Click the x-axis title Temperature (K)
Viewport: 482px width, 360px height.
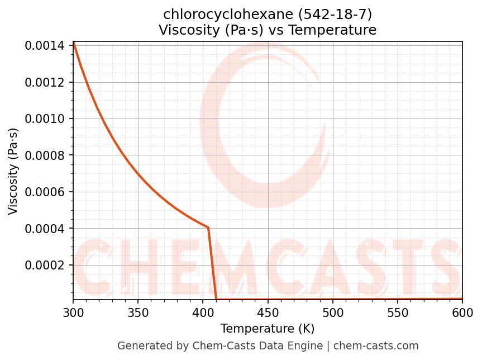[x=268, y=328]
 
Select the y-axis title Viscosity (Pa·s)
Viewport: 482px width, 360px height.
[x=13, y=171]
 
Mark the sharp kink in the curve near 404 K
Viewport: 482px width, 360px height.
[x=208, y=228]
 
